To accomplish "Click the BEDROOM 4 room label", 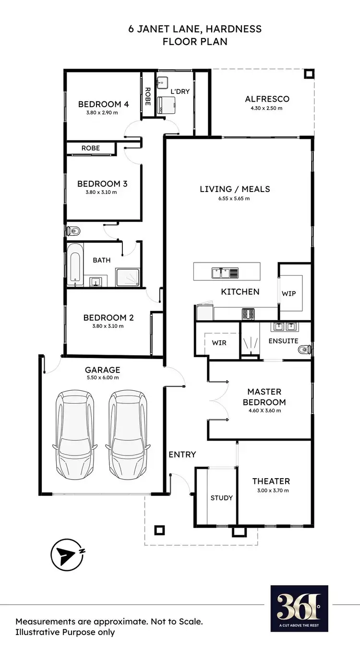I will (103, 104).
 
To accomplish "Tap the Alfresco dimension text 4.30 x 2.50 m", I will (266, 108).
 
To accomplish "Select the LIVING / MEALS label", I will (235, 189).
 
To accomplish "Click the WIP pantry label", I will (288, 294).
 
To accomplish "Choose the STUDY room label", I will (221, 498).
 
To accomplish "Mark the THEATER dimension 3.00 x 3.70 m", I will (271, 491).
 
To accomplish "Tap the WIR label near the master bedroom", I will (219, 343).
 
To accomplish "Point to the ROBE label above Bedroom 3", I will (90, 148).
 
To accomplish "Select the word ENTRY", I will (182, 454).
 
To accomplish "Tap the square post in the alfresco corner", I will (310, 74).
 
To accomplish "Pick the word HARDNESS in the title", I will (235, 29).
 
